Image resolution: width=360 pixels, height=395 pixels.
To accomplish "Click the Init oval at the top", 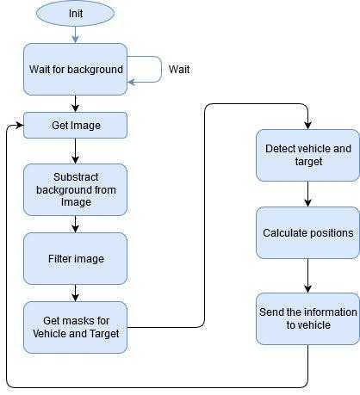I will point(75,14).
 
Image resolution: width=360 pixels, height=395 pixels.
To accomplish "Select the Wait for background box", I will point(75,69).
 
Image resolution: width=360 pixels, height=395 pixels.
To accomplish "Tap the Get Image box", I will point(75,126).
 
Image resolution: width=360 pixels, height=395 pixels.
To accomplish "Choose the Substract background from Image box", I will point(75,189).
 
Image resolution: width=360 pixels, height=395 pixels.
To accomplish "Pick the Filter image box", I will point(75,258).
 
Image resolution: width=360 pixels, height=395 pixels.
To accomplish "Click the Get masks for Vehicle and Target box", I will point(75,327).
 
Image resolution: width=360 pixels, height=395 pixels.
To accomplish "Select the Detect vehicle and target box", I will point(307,155).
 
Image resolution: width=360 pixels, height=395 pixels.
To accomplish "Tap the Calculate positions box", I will point(307,232).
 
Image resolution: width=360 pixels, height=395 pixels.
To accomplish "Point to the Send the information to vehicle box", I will point(307,318).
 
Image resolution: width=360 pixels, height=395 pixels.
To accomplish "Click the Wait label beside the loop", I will point(179,69).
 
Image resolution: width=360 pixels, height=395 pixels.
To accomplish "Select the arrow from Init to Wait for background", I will point(75,34).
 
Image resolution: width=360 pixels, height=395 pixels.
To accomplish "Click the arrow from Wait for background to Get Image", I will point(75,103).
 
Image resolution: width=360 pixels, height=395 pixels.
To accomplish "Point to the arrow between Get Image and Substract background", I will point(75,151).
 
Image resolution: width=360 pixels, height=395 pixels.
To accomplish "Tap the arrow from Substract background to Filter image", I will point(75,224).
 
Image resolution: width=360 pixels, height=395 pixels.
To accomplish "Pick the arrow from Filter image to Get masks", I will point(75,293).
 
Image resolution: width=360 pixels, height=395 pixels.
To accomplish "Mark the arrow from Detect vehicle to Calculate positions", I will point(307,194).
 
